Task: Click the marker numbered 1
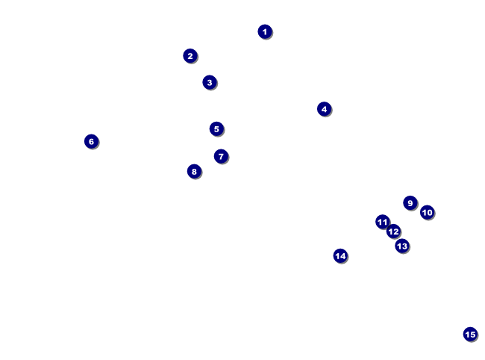(x=265, y=31)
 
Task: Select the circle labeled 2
(x=190, y=56)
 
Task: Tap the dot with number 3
(x=210, y=82)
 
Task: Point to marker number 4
(x=324, y=109)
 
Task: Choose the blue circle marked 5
(x=216, y=128)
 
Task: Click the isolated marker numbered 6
(x=91, y=141)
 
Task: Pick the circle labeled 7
(x=221, y=156)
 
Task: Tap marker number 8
(x=194, y=171)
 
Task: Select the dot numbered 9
(x=410, y=203)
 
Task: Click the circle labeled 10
(x=427, y=212)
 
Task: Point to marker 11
(x=383, y=222)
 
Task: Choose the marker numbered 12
(x=393, y=232)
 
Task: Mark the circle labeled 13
(x=402, y=246)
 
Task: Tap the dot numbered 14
(x=340, y=256)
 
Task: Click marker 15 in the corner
(x=470, y=335)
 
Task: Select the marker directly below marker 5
(x=221, y=156)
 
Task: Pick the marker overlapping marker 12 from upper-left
(x=383, y=222)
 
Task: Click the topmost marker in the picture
(x=265, y=31)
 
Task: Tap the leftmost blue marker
(x=91, y=141)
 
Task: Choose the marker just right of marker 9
(x=427, y=212)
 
